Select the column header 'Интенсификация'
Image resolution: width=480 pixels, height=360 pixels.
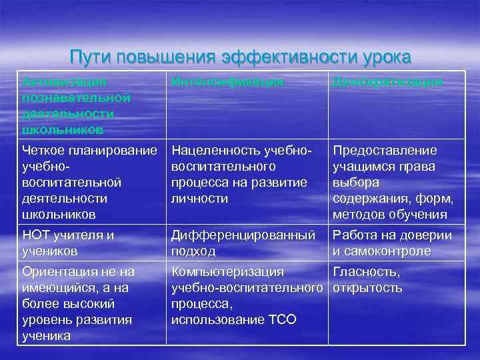(x=227, y=82)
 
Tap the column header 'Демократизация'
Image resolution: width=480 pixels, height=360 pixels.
(x=387, y=82)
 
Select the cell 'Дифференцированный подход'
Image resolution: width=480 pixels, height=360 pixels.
(x=243, y=243)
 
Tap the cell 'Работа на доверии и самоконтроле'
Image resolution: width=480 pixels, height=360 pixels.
(x=392, y=243)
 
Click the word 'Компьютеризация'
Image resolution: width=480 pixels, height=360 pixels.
(x=227, y=272)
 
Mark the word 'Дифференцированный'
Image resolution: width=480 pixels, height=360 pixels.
(x=243, y=235)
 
